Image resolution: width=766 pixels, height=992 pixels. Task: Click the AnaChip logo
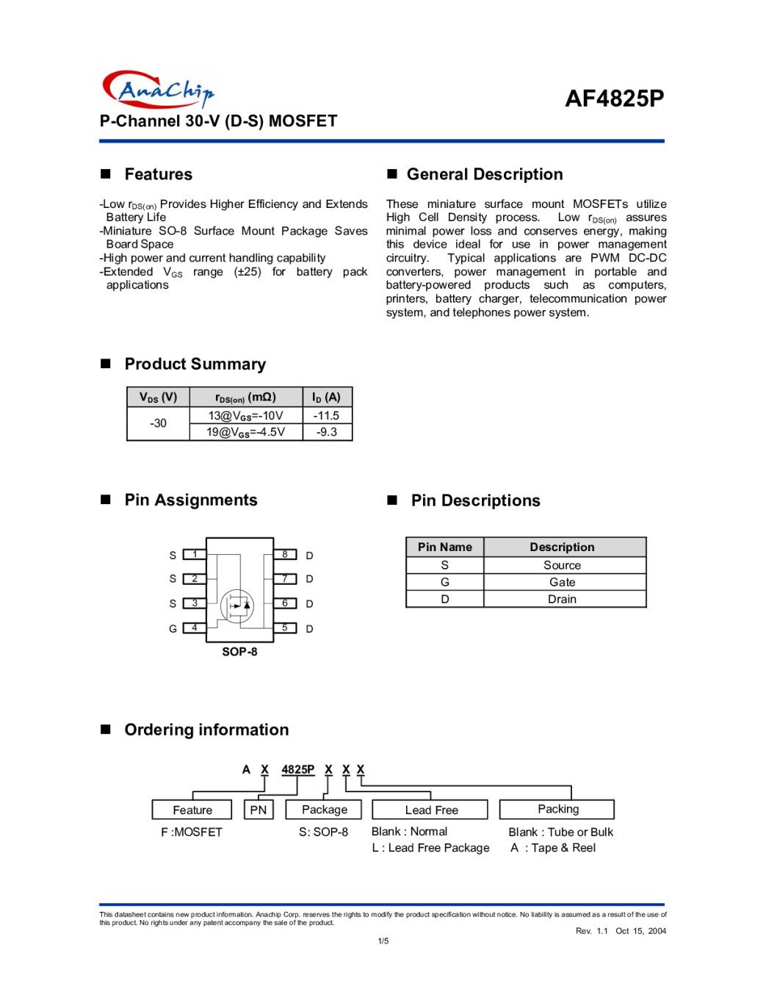click(158, 90)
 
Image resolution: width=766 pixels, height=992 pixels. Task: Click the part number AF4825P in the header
click(614, 98)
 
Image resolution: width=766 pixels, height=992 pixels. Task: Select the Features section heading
click(158, 174)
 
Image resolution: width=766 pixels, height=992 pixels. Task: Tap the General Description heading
click(484, 174)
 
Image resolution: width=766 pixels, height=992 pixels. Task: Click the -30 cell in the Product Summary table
click(158, 423)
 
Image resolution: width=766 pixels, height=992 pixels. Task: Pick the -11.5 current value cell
click(327, 415)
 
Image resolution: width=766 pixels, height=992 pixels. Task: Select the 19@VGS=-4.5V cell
click(245, 432)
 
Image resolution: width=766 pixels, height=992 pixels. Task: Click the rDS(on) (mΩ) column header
click(245, 398)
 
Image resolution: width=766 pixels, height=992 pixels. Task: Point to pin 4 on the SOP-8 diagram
click(195, 628)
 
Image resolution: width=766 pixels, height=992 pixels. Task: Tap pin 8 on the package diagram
click(285, 555)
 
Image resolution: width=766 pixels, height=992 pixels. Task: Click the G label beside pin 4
click(173, 629)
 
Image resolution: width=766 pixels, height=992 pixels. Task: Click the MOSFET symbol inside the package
click(237, 605)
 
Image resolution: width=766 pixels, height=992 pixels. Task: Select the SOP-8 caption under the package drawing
click(239, 652)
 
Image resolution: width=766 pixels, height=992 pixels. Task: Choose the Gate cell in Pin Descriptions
click(562, 582)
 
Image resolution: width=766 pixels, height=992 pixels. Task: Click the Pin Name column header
click(444, 547)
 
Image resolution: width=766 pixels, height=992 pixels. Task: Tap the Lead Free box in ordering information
click(430, 810)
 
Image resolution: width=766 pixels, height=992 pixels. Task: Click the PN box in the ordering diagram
click(259, 810)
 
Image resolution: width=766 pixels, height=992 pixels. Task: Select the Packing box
click(557, 809)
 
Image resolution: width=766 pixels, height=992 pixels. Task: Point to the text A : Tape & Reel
click(553, 848)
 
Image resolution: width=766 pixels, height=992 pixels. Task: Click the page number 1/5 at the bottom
click(383, 941)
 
